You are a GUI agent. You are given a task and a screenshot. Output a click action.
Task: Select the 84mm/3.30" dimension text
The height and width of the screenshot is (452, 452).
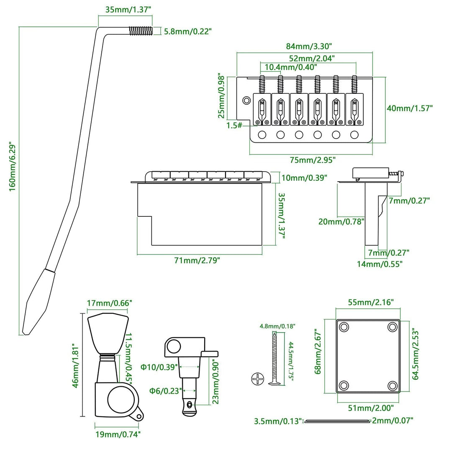pyautogui.click(x=304, y=46)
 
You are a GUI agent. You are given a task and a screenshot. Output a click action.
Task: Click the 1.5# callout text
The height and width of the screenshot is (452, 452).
pyautogui.click(x=234, y=125)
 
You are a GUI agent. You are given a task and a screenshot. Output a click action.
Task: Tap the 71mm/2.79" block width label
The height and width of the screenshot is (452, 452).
pyautogui.click(x=197, y=260)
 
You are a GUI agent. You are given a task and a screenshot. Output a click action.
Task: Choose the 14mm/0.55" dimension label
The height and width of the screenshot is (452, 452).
pyautogui.click(x=380, y=264)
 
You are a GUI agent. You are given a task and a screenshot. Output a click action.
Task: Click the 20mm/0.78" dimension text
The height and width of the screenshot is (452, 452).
pyautogui.click(x=341, y=221)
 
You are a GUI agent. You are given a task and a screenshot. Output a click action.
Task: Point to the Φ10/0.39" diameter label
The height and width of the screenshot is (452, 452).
pyautogui.click(x=159, y=367)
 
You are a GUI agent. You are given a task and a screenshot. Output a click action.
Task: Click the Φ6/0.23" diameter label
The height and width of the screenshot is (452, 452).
pyautogui.click(x=165, y=390)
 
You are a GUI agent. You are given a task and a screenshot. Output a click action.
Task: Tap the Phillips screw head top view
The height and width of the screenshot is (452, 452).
pyautogui.click(x=258, y=379)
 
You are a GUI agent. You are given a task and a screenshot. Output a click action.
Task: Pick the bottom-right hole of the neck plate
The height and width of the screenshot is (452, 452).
pyautogui.click(x=392, y=385)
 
